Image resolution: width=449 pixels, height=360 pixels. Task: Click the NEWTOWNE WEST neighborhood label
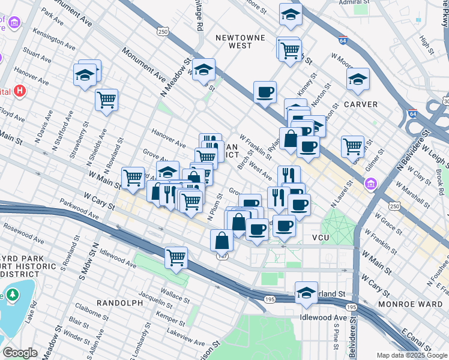241,41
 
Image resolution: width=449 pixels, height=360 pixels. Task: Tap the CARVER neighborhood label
361,104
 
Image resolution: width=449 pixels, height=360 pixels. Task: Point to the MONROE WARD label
410,304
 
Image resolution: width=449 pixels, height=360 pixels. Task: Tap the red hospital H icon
20,92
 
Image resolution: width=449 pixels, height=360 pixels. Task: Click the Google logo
19,353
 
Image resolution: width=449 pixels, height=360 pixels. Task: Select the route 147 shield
222,256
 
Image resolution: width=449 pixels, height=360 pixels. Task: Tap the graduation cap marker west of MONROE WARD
306,292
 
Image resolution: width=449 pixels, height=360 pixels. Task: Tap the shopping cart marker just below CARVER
352,145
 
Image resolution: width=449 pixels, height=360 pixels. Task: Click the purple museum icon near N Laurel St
370,184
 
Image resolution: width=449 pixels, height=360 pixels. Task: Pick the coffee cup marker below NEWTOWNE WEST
265,92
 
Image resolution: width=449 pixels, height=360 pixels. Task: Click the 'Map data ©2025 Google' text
411,355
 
